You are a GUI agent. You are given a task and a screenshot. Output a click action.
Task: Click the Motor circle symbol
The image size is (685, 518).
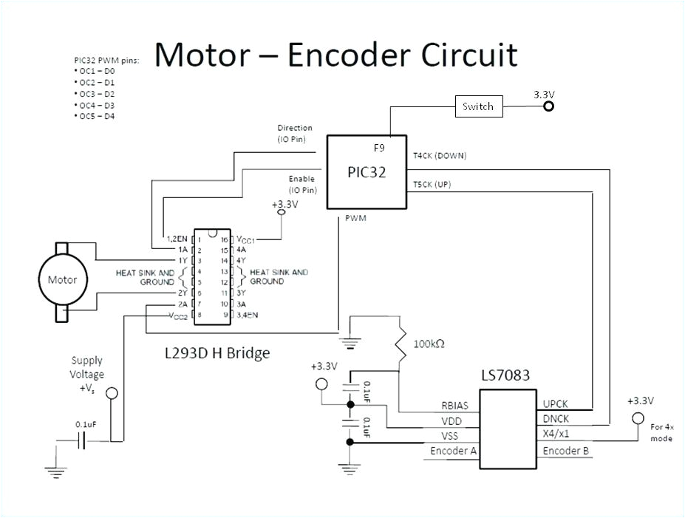coord(62,280)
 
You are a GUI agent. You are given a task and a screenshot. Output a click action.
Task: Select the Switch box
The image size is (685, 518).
coord(477,106)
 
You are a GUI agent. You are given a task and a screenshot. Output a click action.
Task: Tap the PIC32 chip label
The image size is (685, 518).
coord(367,172)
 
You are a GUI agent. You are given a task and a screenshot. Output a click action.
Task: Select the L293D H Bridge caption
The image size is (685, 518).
coord(217,353)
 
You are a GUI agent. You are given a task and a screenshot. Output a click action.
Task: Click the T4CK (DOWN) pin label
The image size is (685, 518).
coord(440,156)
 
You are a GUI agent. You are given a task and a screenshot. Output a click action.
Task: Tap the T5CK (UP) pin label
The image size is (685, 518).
coord(432,184)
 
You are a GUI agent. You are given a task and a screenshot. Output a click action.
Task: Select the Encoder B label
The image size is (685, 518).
coord(565,451)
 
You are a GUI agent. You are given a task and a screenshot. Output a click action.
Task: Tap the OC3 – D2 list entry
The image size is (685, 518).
coord(95,94)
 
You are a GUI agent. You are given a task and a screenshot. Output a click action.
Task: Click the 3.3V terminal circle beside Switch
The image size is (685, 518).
coord(548,106)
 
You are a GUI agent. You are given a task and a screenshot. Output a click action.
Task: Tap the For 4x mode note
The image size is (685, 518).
coord(661,432)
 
